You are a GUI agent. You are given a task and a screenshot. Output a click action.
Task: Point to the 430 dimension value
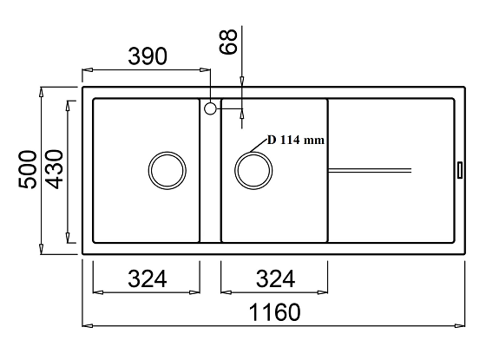tap(54, 171)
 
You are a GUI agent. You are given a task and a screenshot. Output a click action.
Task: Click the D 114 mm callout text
tap(295, 140)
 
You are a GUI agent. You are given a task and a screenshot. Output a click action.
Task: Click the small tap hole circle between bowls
tap(210, 108)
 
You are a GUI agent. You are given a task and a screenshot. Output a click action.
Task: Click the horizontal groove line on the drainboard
tap(370, 165)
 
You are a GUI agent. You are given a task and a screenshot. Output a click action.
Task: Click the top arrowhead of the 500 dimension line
tap(43, 90)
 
